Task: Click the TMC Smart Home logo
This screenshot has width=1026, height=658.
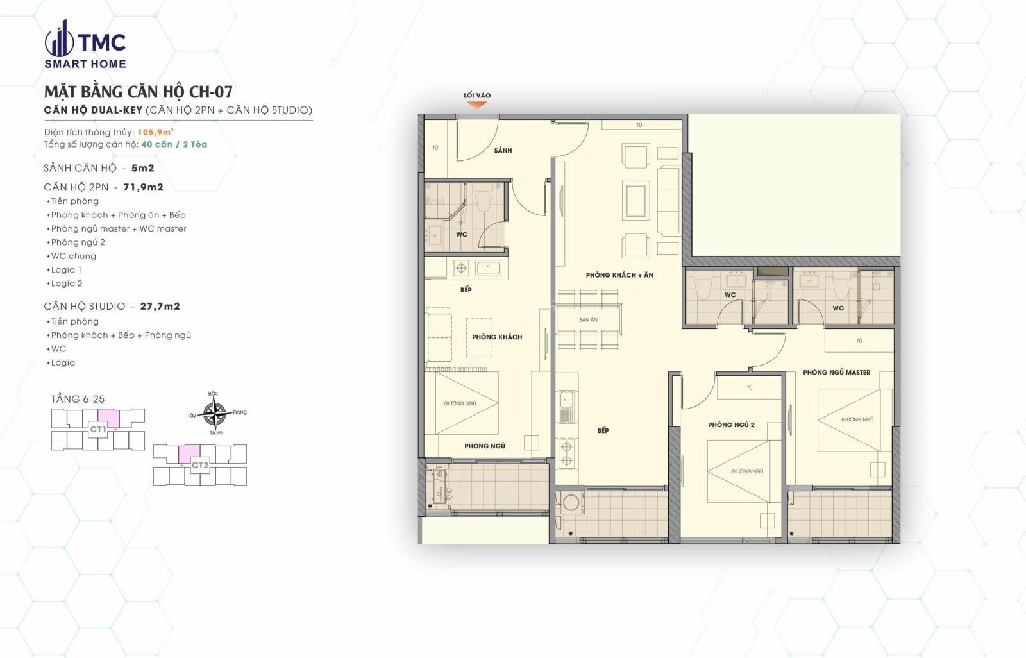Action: click(x=85, y=44)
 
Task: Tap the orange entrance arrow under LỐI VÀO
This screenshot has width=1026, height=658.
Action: click(x=477, y=105)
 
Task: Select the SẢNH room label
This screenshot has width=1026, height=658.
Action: click(x=503, y=150)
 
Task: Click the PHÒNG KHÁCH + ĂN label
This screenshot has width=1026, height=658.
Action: click(x=619, y=275)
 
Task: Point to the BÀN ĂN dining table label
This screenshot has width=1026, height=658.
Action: click(x=588, y=320)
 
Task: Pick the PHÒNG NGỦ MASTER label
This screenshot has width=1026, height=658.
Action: click(x=836, y=373)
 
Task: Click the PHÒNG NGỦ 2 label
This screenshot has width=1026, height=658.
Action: click(x=731, y=425)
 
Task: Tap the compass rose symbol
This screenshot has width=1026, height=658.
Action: click(x=214, y=413)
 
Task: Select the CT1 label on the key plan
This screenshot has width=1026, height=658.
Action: click(x=98, y=429)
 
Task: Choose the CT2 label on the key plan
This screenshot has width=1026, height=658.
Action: click(x=200, y=465)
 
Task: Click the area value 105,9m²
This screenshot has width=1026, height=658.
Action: click(x=155, y=132)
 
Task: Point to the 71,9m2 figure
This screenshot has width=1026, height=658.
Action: click(x=144, y=187)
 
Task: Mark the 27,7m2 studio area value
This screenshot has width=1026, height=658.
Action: click(x=160, y=306)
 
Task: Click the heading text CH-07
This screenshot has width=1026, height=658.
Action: click(x=211, y=92)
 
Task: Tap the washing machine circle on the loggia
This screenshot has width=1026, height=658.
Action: click(x=570, y=503)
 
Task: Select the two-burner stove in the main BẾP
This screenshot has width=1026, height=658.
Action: click(x=567, y=453)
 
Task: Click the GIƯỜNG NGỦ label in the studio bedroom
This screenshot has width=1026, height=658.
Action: click(x=460, y=403)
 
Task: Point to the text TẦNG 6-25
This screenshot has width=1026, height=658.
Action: click(x=78, y=399)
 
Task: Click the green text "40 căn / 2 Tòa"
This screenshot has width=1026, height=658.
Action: click(x=174, y=144)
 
